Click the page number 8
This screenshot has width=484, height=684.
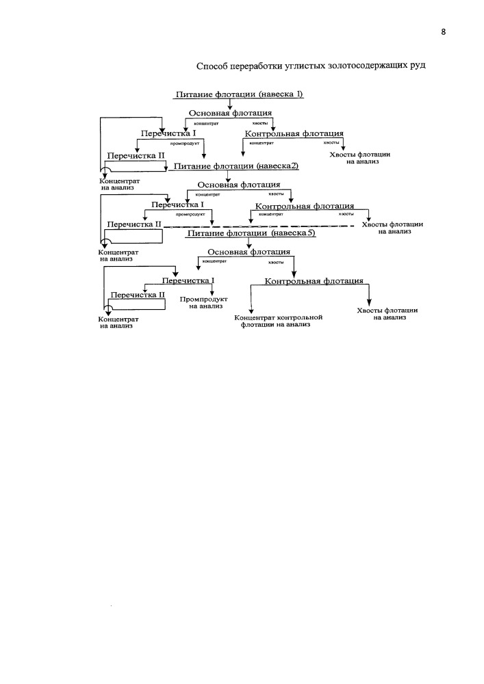[444, 31]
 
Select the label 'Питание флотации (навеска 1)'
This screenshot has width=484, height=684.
[239, 94]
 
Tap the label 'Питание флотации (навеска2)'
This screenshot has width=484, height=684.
[236, 166]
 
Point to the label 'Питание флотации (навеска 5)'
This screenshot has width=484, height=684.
[251, 233]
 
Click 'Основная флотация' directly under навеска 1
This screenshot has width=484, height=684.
[230, 113]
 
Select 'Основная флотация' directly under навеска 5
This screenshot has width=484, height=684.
[249, 252]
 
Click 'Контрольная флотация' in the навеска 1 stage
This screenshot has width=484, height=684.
[294, 133]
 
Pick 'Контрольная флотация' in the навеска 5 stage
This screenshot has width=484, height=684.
[314, 281]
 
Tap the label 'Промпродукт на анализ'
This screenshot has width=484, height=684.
[204, 303]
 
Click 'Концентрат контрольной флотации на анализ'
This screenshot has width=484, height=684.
[279, 321]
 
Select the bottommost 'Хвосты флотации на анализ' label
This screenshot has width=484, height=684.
[387, 314]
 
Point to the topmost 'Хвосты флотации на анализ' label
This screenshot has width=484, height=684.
[359, 158]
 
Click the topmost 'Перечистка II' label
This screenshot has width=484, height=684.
[136, 155]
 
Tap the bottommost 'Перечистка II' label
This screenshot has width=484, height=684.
[138, 295]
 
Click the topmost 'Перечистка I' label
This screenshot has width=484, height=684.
[168, 133]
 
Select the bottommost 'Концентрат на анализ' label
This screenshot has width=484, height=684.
[118, 322]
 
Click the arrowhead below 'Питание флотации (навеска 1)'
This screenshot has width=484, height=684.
[230, 106]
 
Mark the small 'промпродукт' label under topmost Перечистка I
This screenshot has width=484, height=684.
[185, 143]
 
